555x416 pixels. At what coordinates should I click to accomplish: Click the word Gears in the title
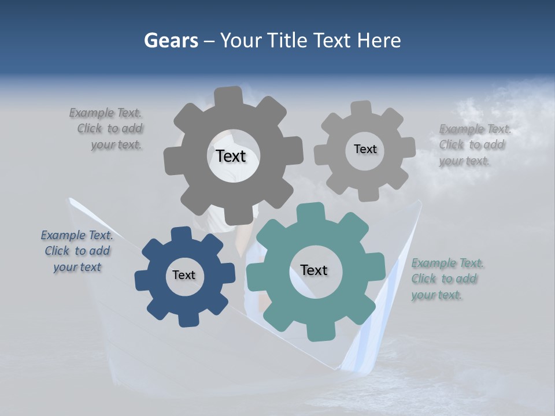pos(169,40)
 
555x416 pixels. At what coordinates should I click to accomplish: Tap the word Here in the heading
pos(379,40)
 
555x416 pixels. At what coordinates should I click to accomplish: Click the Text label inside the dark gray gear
pos(231,156)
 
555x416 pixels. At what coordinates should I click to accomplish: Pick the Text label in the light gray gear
pos(365,149)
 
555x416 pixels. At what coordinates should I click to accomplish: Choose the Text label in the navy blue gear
pos(184,275)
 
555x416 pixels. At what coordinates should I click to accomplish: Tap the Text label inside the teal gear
pos(314,270)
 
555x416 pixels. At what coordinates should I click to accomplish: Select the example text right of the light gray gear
pos(474,145)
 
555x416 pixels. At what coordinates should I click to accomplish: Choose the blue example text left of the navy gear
pos(77,251)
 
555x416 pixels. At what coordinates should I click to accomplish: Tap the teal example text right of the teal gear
pos(447,279)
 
